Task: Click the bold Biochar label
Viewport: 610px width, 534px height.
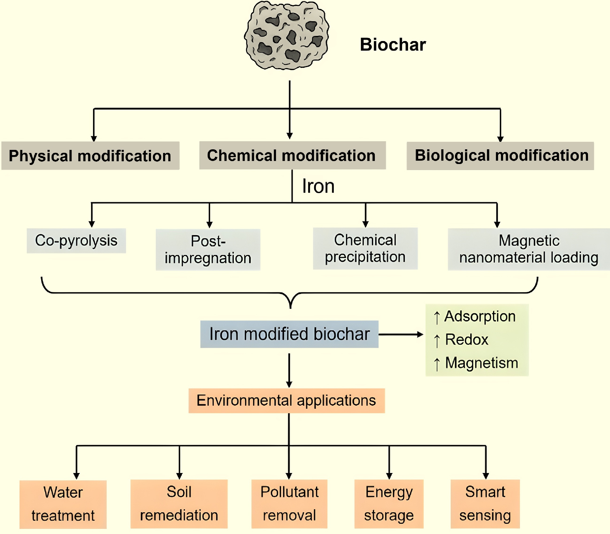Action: pyautogui.click(x=393, y=45)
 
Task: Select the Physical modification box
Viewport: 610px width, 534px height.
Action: pyautogui.click(x=90, y=156)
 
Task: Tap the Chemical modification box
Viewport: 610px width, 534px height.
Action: pyautogui.click(x=292, y=155)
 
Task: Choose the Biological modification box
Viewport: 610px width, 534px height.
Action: pyautogui.click(x=500, y=156)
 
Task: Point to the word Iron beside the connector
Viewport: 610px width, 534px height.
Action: pyautogui.click(x=318, y=186)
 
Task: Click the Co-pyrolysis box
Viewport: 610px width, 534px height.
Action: pyautogui.click(x=76, y=240)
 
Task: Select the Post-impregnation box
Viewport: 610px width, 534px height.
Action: pyautogui.click(x=208, y=249)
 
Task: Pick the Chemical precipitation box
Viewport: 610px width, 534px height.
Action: pyautogui.click(x=365, y=248)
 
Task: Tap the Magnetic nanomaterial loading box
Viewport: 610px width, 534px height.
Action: pyautogui.click(x=528, y=249)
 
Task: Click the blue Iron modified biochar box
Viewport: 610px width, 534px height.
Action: pyautogui.click(x=289, y=334)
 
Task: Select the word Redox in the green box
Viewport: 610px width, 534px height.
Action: pyautogui.click(x=466, y=339)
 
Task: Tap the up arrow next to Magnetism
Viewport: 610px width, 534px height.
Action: pyautogui.click(x=437, y=364)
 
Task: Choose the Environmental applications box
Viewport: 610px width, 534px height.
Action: pyautogui.click(x=286, y=400)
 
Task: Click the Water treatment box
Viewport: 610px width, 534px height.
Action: pyautogui.click(x=63, y=504)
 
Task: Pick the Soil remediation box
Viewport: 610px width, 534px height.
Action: pyautogui.click(x=179, y=503)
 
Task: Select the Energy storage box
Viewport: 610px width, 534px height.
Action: pyautogui.click(x=389, y=503)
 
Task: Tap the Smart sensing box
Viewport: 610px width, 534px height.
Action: pyautogui.click(x=485, y=503)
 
